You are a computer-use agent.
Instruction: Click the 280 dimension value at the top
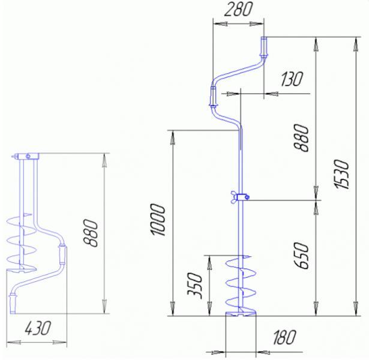238,10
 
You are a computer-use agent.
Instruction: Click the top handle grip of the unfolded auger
263,47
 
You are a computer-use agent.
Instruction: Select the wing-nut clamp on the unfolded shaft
238,196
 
